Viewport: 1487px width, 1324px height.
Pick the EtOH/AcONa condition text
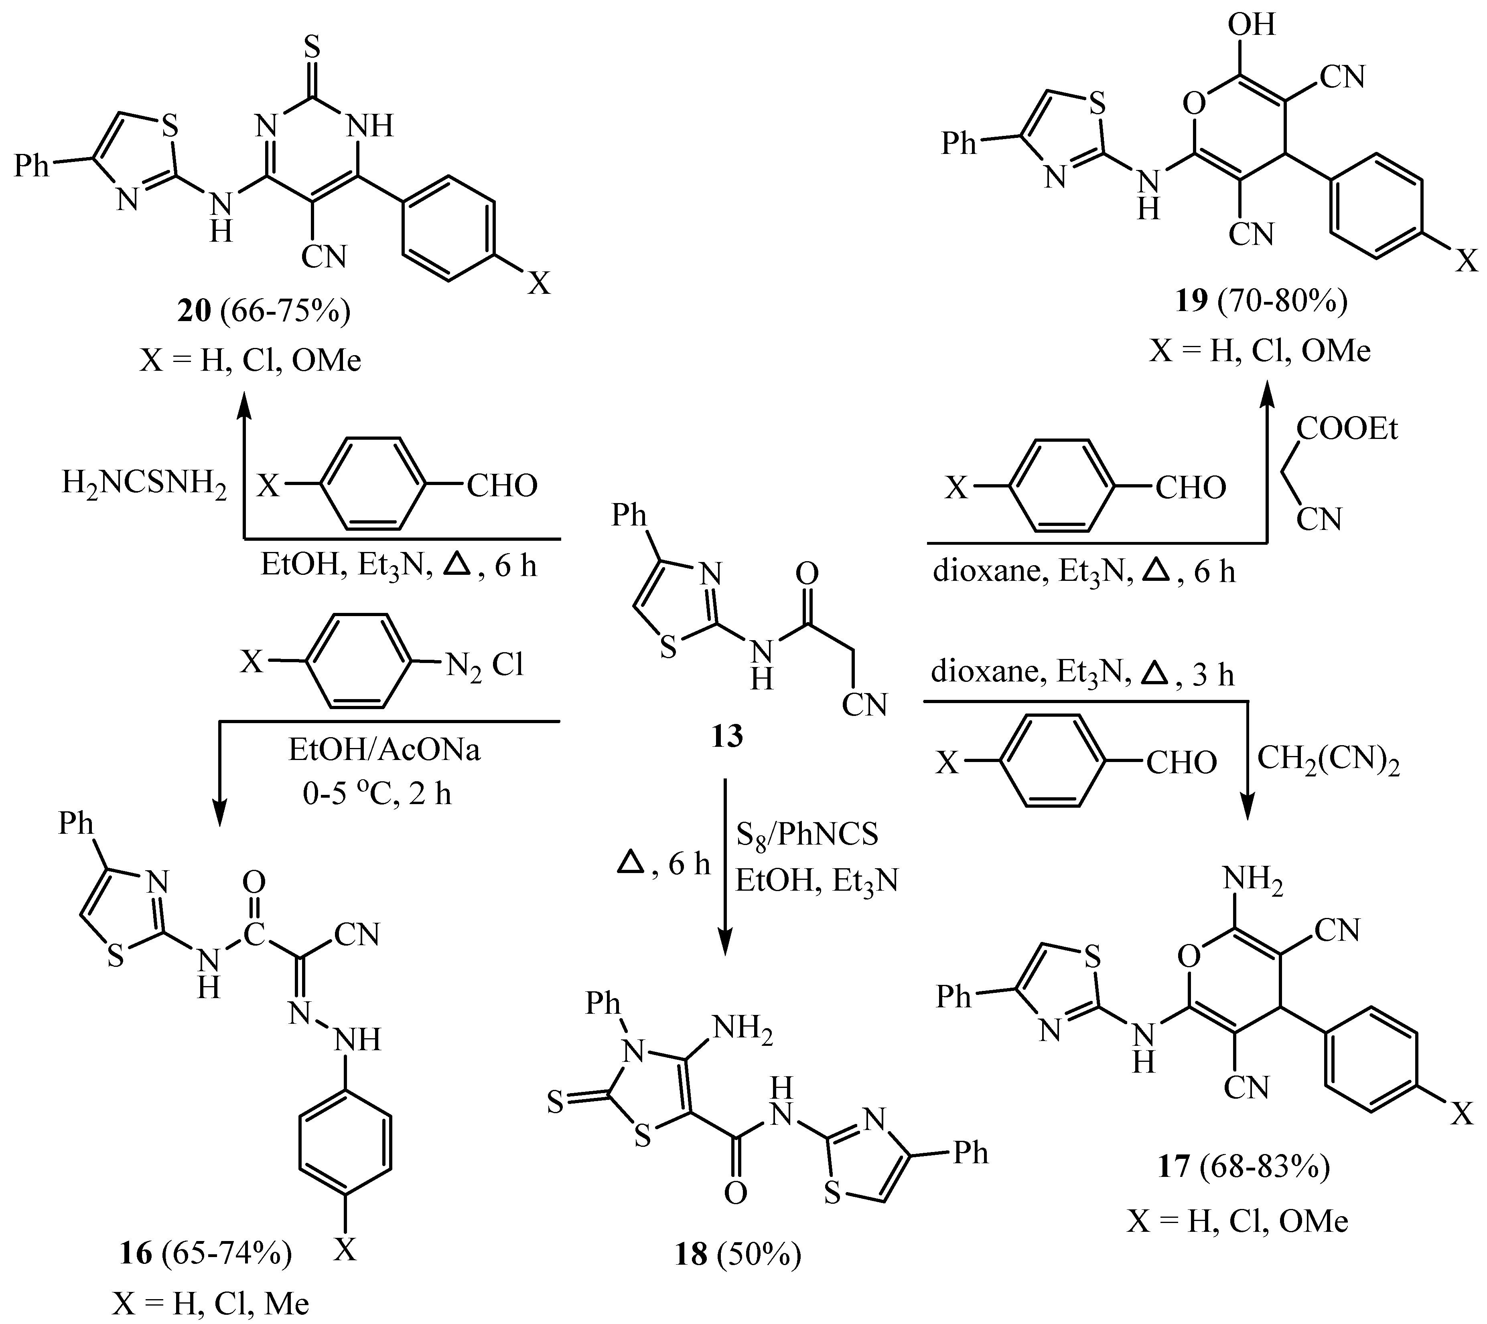click(x=384, y=750)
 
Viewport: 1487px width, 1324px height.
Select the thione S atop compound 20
click(x=312, y=49)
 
